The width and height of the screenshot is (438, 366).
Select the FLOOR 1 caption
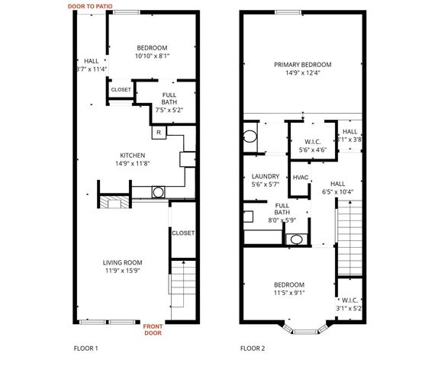click(x=85, y=348)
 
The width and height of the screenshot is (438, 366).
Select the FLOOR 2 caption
click(x=253, y=348)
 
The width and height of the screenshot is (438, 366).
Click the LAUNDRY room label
click(x=265, y=176)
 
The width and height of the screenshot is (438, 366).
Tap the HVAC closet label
click(x=301, y=178)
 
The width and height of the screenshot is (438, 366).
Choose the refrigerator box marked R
click(x=158, y=133)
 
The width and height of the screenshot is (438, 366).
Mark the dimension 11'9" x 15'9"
click(x=123, y=271)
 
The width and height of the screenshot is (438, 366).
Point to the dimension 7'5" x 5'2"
click(x=170, y=110)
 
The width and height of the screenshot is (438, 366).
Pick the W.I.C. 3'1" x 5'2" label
click(x=349, y=304)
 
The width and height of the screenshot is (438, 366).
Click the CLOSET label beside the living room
click(x=182, y=233)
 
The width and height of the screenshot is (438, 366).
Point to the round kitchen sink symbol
click(x=158, y=192)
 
